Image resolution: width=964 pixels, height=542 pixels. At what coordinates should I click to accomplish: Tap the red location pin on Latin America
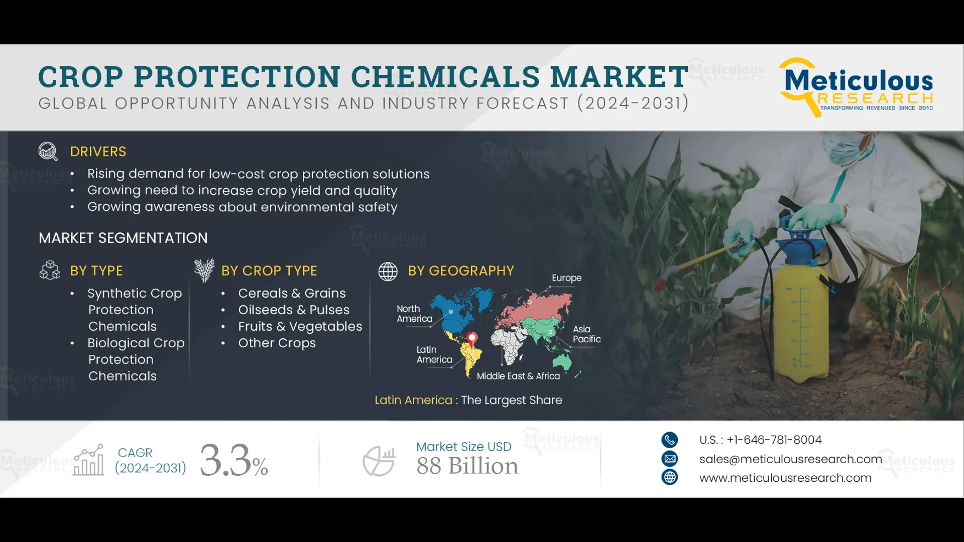[471, 338]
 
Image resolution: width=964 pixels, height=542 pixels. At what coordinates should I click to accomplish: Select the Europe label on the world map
[566, 278]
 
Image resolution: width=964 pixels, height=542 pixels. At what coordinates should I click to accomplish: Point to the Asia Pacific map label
[586, 334]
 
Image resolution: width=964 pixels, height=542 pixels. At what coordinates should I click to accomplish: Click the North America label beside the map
[414, 314]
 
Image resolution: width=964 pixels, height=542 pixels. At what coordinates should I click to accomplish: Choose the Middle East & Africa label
[518, 376]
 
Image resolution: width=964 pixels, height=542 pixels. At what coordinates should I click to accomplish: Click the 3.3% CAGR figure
[234, 460]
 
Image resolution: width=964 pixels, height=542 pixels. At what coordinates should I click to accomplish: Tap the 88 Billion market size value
[467, 466]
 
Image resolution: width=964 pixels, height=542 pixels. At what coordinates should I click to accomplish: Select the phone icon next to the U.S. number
[669, 440]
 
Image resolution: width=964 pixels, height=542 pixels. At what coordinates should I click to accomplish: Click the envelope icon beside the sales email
[669, 459]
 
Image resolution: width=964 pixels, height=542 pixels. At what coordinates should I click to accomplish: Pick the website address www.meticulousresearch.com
[785, 478]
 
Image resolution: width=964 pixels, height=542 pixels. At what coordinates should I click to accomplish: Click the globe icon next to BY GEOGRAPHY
[388, 271]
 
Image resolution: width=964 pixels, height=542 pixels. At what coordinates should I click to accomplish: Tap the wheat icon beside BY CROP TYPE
[204, 270]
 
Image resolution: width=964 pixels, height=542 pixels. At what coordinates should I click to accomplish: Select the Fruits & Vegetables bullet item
[300, 326]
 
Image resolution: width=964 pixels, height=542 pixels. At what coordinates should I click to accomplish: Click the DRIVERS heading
[98, 152]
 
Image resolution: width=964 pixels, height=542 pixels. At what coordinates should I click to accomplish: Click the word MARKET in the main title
[619, 77]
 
